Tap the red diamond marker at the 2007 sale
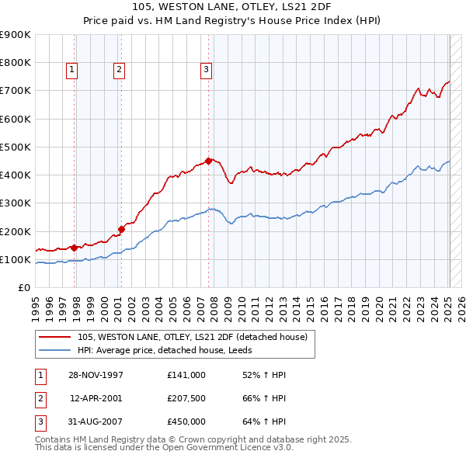[x=209, y=161]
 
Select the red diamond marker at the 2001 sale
[x=122, y=229]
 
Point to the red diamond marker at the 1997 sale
[x=75, y=248]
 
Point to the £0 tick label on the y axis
[x=24, y=288]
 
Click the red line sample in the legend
[x=56, y=337]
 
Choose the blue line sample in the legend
[x=56, y=350]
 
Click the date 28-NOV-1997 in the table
[x=96, y=375]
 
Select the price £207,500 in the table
[x=186, y=398]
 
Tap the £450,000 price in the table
[x=186, y=422]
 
